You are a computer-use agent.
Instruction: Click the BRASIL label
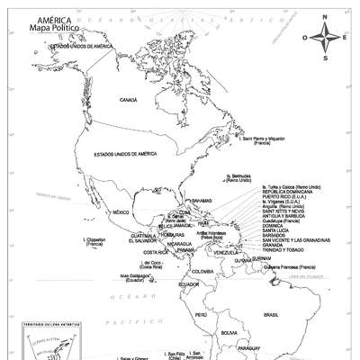(271, 314)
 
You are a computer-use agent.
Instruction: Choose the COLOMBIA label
(202, 271)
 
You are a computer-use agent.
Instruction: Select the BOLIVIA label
(229, 333)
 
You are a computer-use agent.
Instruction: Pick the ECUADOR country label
(188, 284)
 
